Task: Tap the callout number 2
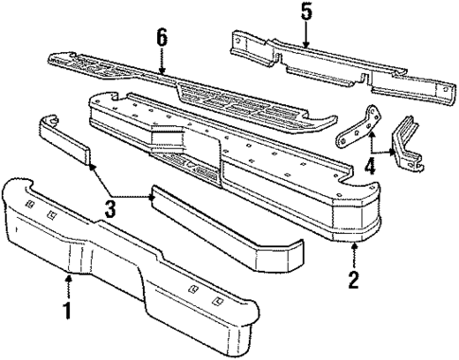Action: (352, 281)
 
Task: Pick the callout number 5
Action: (305, 13)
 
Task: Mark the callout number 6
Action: (162, 40)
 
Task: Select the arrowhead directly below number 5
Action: (305, 44)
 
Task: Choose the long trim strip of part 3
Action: (227, 228)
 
